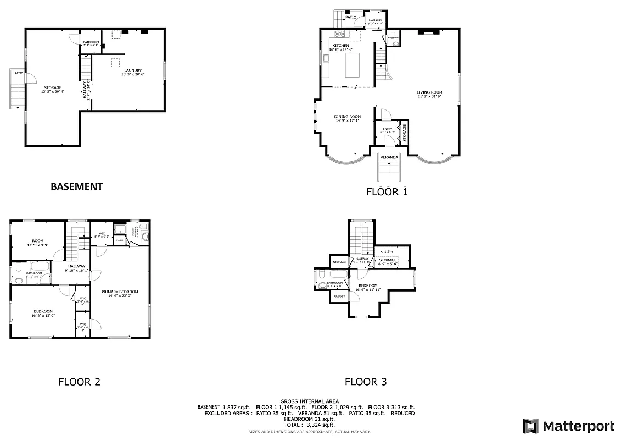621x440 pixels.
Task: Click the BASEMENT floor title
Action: pyautogui.click(x=76, y=186)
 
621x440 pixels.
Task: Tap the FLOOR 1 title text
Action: pyautogui.click(x=387, y=192)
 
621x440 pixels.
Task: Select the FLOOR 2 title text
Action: pyautogui.click(x=79, y=382)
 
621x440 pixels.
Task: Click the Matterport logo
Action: pyautogui.click(x=568, y=426)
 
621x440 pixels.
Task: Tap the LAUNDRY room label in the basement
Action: pyautogui.click(x=133, y=70)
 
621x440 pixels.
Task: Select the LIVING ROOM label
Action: pyautogui.click(x=429, y=92)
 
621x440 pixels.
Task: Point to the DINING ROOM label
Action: pyautogui.click(x=348, y=116)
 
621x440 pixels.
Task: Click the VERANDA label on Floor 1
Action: pyautogui.click(x=389, y=157)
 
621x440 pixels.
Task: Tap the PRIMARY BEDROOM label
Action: pyautogui.click(x=120, y=291)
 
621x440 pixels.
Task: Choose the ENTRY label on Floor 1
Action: pyautogui.click(x=388, y=129)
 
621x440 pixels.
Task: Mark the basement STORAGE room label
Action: pyautogui.click(x=53, y=87)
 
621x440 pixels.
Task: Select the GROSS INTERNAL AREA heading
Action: pyautogui.click(x=309, y=402)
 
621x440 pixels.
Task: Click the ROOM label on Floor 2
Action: pyautogui.click(x=38, y=240)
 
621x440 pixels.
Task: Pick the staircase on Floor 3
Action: pyautogui.click(x=362, y=239)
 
